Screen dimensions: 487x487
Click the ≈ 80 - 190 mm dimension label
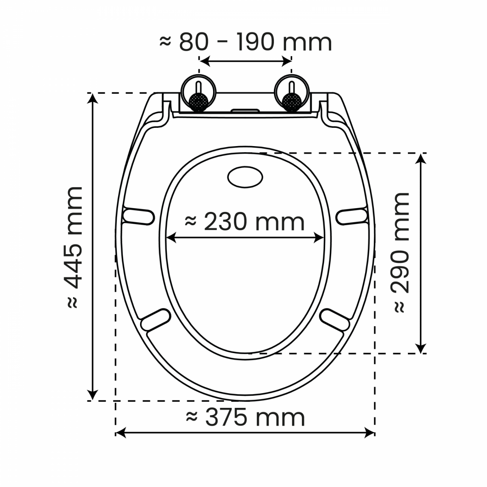tap(246, 42)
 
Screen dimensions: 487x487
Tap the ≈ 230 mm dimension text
tap(245, 222)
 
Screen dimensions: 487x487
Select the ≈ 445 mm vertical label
tap(74, 248)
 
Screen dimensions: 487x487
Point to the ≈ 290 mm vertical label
tap(401, 252)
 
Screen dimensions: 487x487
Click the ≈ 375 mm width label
tap(245, 418)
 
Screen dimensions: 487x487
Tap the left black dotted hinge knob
tap(198, 103)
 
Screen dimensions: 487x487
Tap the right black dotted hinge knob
tap(292, 103)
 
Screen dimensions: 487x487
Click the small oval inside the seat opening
tap(245, 177)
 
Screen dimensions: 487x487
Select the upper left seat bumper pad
tap(138, 216)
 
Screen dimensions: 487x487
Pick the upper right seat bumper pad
tap(352, 216)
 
